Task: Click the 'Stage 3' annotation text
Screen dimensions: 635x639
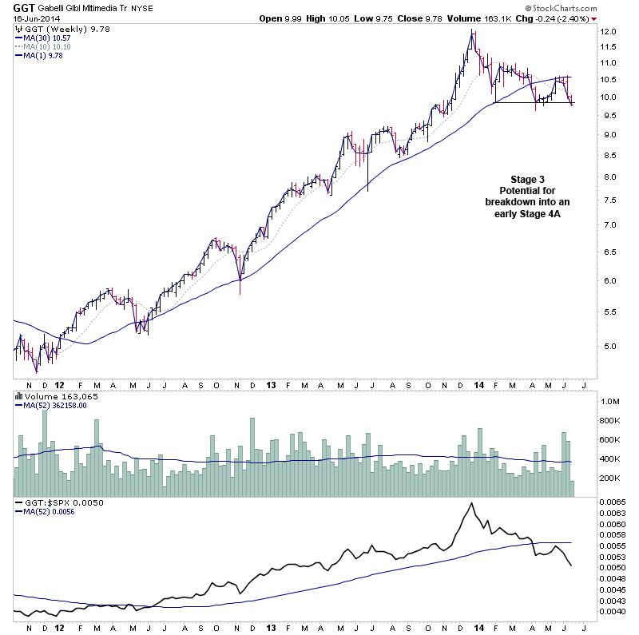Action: coord(527,179)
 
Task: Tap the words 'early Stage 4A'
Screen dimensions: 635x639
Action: coord(527,215)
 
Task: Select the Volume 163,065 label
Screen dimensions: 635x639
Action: coord(53,395)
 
